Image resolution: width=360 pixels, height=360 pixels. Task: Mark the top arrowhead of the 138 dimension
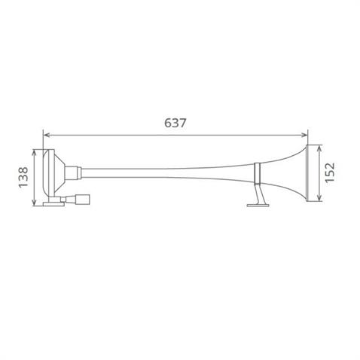coord(32,151)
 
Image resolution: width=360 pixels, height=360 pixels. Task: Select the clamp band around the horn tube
coord(258,175)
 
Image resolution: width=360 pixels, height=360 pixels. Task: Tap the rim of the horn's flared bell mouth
coord(307,175)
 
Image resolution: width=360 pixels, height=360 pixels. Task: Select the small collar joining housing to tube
coord(76,173)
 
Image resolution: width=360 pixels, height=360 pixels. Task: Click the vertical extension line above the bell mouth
coord(307,139)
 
